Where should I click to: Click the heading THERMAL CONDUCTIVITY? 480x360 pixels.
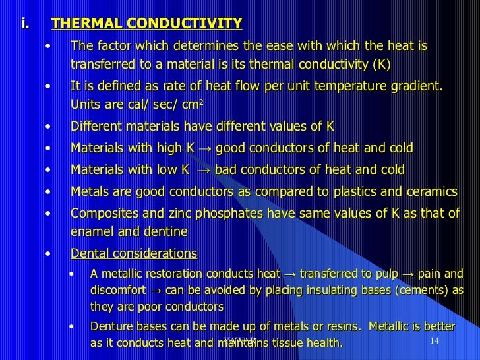coord(146,24)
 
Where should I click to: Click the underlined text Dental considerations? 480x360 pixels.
coord(133,253)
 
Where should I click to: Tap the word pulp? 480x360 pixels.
coord(382,273)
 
